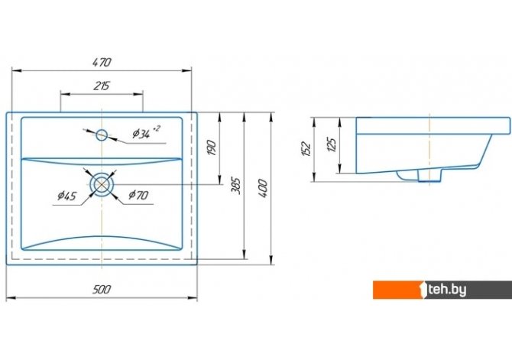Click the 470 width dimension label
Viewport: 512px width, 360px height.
click(102, 62)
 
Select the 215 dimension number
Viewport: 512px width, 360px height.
click(102, 86)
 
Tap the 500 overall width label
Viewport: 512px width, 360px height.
click(102, 290)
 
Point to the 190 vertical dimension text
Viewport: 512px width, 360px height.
click(212, 148)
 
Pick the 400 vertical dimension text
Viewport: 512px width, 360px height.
click(263, 188)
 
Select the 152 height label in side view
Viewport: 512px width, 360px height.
click(306, 149)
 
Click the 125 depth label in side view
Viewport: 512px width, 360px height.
click(332, 144)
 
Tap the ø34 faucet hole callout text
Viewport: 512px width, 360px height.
click(146, 131)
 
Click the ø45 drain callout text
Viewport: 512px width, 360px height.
click(67, 196)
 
